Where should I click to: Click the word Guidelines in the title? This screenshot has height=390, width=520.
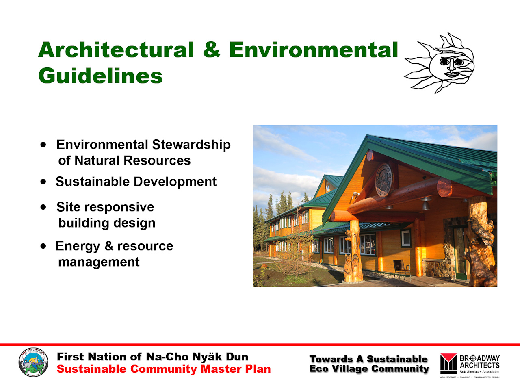click(100, 76)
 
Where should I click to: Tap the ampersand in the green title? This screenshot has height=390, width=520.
click(212, 50)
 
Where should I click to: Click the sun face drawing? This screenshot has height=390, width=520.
click(439, 63)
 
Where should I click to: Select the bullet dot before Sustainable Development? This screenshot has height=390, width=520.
click(43, 182)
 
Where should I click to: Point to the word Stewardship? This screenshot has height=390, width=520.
click(191, 145)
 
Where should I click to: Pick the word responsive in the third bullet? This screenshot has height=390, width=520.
click(119, 207)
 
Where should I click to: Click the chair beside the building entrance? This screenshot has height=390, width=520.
click(402, 270)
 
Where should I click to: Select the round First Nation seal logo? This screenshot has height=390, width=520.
click(33, 362)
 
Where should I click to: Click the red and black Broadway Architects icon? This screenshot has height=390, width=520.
click(448, 364)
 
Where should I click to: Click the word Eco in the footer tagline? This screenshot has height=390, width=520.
click(318, 369)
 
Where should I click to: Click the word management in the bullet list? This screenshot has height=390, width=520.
click(99, 262)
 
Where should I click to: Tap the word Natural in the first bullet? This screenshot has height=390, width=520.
click(97, 160)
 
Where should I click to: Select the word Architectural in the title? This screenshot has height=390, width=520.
click(116, 50)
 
